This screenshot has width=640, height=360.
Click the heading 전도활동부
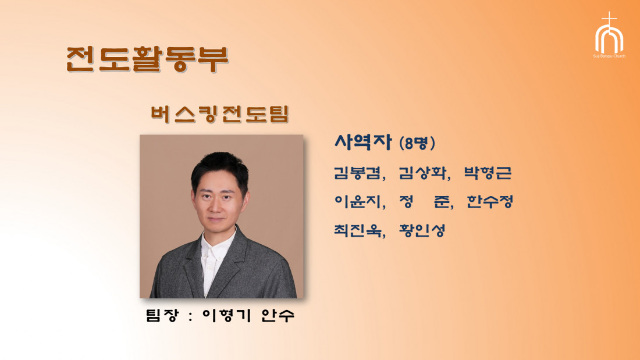(x=147, y=59)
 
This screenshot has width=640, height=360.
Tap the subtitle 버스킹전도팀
(x=219, y=114)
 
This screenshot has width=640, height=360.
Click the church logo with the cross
(x=609, y=32)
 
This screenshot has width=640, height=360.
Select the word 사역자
(x=363, y=142)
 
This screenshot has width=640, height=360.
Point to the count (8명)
(x=417, y=143)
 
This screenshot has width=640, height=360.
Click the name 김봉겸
(x=358, y=173)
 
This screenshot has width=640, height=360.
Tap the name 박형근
(x=488, y=173)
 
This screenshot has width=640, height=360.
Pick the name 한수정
(x=490, y=201)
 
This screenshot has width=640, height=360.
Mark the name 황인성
(x=422, y=230)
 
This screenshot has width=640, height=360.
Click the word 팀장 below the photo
(x=162, y=315)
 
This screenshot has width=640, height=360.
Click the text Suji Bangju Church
(x=609, y=56)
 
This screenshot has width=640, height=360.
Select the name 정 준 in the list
(x=425, y=201)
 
